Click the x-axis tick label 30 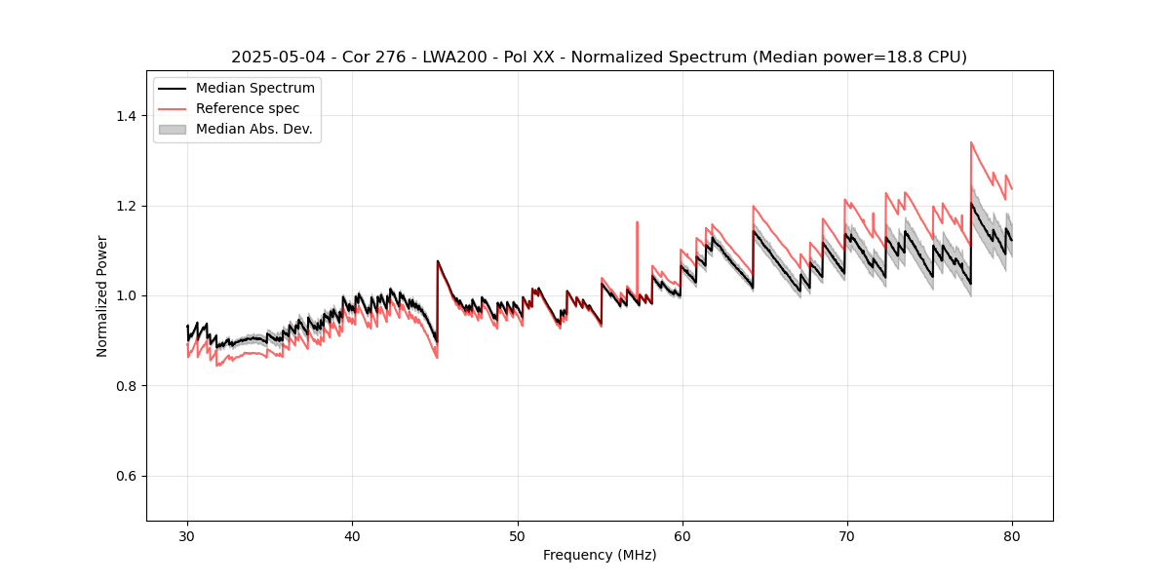click(x=187, y=536)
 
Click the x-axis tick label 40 click(x=352, y=536)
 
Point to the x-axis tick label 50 click(x=517, y=536)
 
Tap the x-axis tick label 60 click(x=682, y=536)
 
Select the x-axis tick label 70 click(x=846, y=536)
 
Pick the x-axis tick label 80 click(x=1011, y=536)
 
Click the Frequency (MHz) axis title click(x=600, y=555)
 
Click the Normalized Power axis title click(x=102, y=295)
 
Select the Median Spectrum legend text click(x=254, y=89)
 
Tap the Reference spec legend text click(x=248, y=108)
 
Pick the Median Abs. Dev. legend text click(x=253, y=129)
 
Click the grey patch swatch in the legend click(x=172, y=129)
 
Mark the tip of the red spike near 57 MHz click(x=637, y=221)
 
